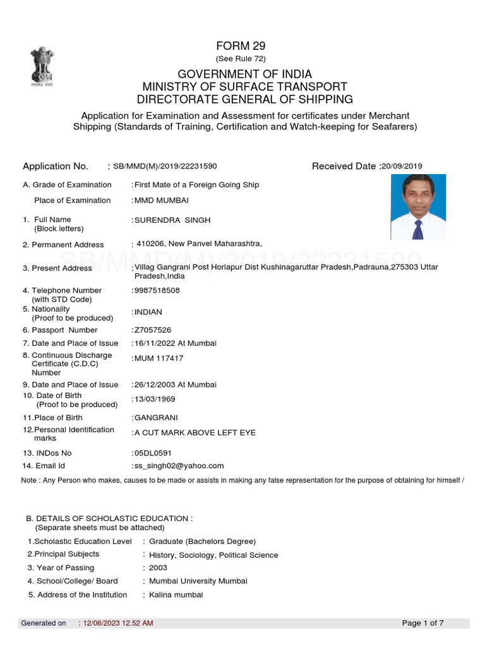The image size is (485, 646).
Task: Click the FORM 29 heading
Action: click(x=241, y=45)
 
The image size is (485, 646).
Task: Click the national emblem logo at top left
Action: click(x=40, y=64)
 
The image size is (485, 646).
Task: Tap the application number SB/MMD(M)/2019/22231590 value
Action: click(x=165, y=167)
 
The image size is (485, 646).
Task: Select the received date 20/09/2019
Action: click(x=401, y=167)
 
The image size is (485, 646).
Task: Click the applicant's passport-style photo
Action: click(x=417, y=207)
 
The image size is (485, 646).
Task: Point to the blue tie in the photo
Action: click(x=417, y=229)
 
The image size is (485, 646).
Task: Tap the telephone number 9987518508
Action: click(x=157, y=291)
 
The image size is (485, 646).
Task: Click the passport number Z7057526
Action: click(x=152, y=330)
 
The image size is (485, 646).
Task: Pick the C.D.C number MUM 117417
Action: click(x=159, y=358)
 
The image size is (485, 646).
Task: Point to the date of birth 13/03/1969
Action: click(x=155, y=399)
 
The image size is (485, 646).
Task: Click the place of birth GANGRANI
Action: click(x=156, y=418)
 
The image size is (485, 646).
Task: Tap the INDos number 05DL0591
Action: click(x=153, y=453)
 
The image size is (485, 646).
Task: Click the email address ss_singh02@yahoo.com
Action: click(x=179, y=466)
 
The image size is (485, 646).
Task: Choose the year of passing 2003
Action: click(x=158, y=568)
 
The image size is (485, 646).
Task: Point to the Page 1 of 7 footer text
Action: click(x=422, y=623)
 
